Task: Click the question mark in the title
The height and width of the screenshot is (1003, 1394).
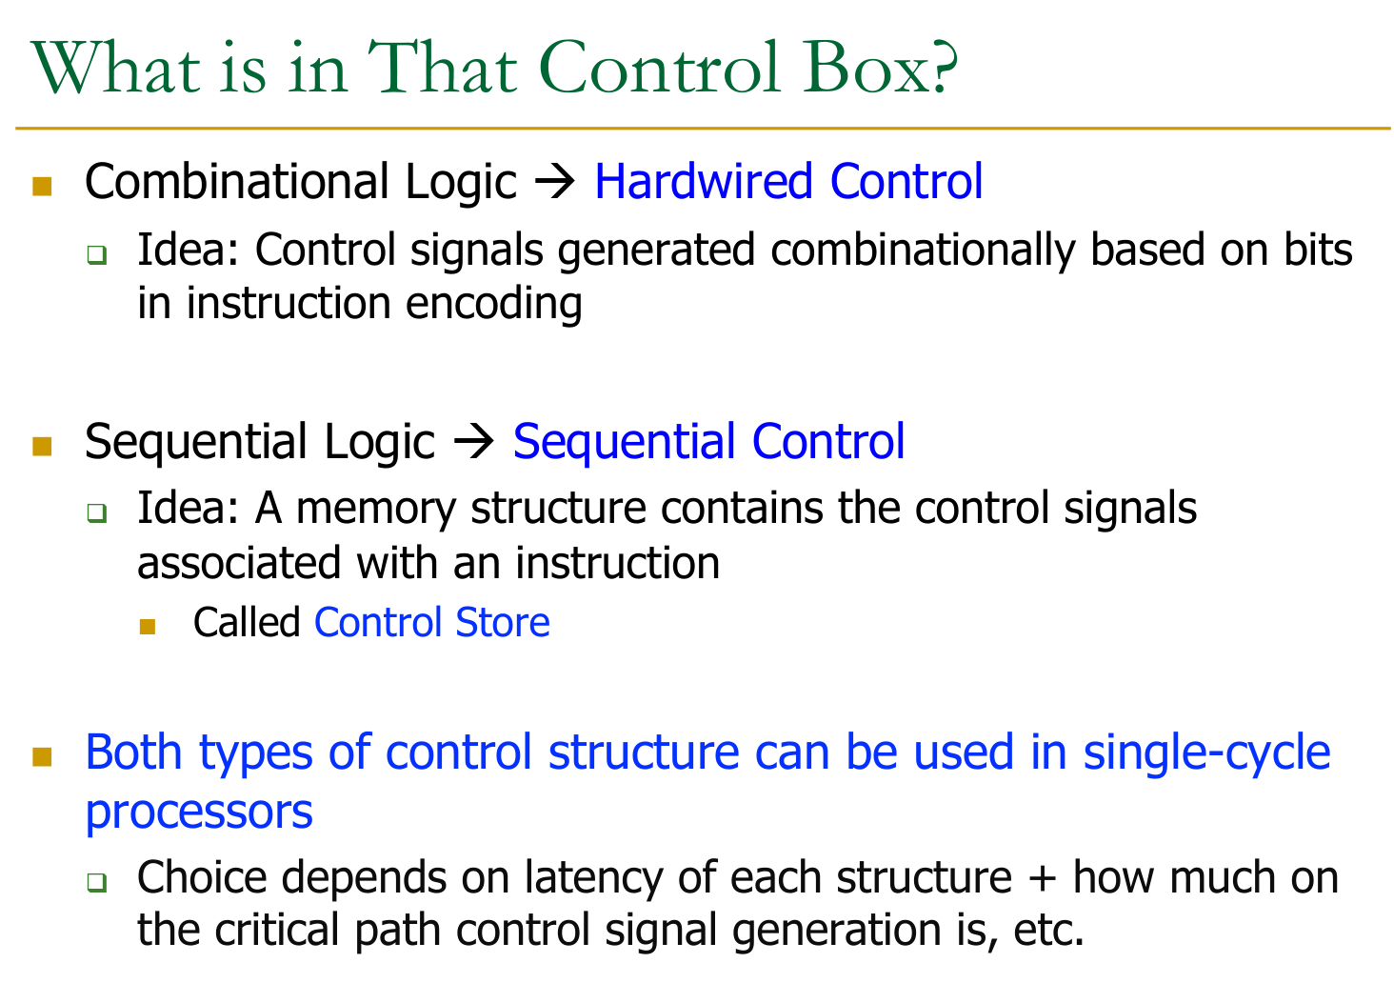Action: tap(939, 68)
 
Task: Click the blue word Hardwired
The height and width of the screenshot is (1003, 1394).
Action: tap(704, 181)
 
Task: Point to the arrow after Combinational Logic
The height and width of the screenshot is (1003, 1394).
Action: tap(555, 183)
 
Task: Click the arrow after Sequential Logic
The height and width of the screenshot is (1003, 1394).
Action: tap(474, 442)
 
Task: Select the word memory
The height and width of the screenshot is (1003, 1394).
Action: tap(376, 510)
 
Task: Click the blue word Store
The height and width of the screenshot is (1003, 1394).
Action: tap(503, 622)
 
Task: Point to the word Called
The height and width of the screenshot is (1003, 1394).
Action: tap(247, 622)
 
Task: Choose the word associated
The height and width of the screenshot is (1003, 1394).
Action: tap(239, 563)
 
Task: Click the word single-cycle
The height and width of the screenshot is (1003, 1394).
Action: tap(1206, 753)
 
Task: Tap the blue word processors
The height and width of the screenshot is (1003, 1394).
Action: tap(199, 813)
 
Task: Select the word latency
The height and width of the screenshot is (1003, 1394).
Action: tap(594, 878)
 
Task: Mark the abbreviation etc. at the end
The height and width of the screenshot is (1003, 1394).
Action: tap(1048, 931)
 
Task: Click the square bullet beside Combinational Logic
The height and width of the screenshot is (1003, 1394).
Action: tap(42, 186)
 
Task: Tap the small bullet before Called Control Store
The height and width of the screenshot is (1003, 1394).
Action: tap(148, 627)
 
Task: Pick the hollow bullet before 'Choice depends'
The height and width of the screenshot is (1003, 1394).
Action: tap(97, 882)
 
